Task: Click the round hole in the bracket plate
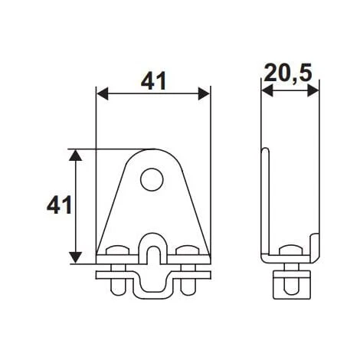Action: [x=152, y=179]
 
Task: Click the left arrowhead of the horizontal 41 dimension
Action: [x=102, y=93]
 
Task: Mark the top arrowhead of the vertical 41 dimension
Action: [x=75, y=155]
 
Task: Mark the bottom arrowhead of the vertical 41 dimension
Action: [x=75, y=258]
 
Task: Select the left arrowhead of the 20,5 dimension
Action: [x=267, y=90]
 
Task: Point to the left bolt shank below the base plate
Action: [x=117, y=285]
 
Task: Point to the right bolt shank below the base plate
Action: [x=188, y=285]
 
